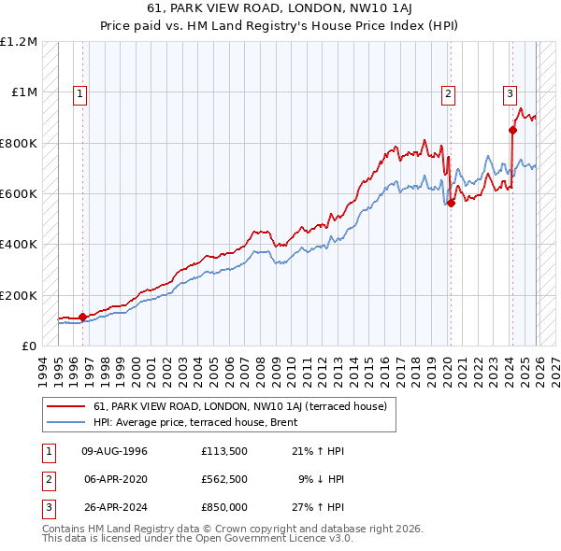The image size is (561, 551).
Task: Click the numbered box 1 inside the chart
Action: click(81, 93)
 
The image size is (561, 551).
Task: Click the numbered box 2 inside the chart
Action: click(449, 93)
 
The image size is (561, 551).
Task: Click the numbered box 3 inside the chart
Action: click(510, 93)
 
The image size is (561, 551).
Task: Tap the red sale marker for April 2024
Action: click(512, 131)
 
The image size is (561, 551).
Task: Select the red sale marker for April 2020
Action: click(451, 204)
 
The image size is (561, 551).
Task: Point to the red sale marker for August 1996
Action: click(82, 317)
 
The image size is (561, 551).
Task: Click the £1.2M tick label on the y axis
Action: click(20, 42)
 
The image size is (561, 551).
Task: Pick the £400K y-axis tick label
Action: click(19, 245)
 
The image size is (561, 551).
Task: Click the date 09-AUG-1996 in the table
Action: click(115, 451)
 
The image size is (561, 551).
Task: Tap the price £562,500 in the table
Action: click(224, 479)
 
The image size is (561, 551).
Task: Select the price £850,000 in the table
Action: click(224, 507)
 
